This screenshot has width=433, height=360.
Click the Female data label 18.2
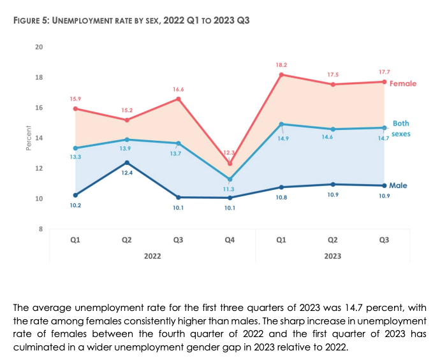281,65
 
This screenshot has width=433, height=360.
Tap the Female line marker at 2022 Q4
230,164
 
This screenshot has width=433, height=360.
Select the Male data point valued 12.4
127,162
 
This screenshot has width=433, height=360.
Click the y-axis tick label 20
39,47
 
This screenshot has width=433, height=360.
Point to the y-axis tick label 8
40,229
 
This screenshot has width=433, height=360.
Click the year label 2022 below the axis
152,256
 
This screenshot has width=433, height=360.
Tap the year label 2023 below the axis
332,256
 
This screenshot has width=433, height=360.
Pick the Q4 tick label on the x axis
230,240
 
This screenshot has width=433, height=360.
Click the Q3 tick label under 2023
384,240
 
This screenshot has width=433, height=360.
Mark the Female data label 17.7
384,72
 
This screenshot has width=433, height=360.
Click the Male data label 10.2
75,205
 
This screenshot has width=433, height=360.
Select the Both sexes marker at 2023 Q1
281,124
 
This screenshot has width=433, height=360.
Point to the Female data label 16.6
179,89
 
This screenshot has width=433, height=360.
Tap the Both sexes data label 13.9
127,148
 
